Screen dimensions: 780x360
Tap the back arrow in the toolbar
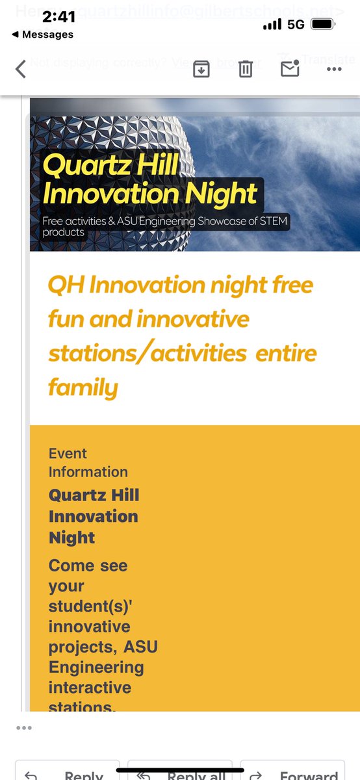pos(21,68)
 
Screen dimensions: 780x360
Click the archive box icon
pos(201,68)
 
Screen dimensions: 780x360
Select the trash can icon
pos(245,68)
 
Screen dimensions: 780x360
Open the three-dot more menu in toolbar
pos(334,68)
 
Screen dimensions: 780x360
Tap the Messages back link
pos(43,34)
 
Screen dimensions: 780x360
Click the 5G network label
pos(296,24)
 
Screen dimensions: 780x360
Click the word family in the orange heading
pos(83,389)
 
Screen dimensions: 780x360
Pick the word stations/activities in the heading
pos(147,354)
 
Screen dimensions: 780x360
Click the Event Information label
pos(88,463)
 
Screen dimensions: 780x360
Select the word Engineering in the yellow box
pos(96,667)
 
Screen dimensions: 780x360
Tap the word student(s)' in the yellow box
pos(89,606)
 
